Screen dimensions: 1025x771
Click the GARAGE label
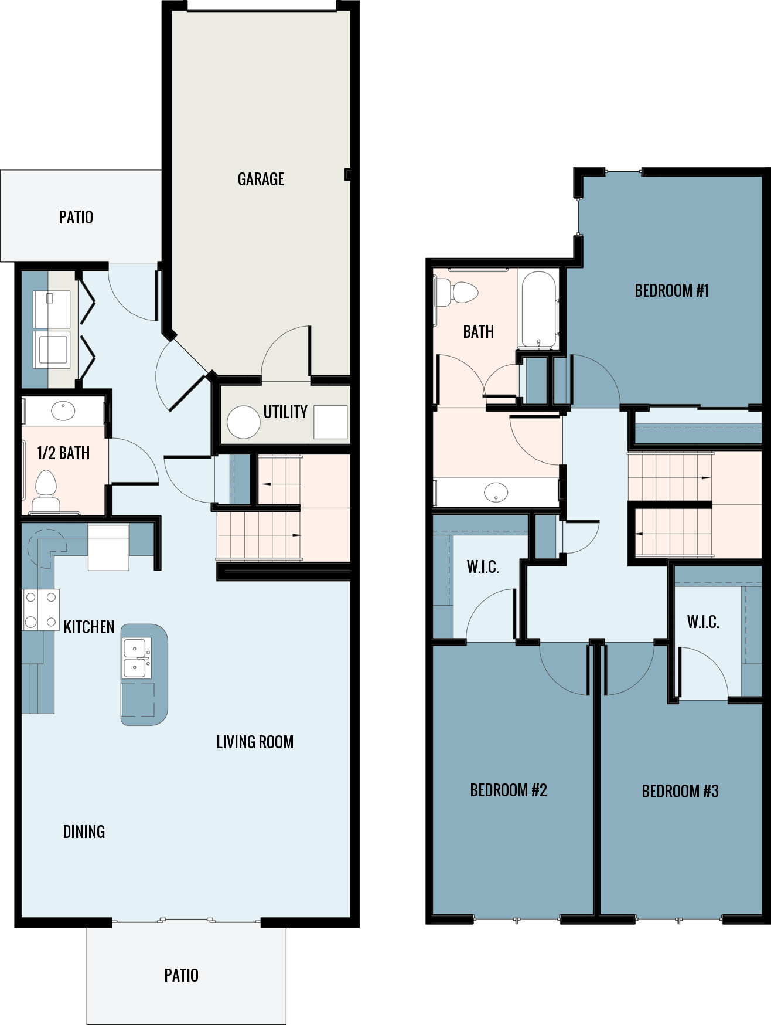(261, 179)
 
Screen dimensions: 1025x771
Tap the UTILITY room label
(285, 412)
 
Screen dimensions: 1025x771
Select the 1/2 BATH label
(63, 453)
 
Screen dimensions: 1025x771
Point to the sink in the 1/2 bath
(63, 410)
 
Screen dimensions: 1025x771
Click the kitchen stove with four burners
(40, 610)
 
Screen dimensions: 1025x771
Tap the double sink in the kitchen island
(136, 658)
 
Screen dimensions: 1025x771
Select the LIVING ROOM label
(255, 742)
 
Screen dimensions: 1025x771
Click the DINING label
(84, 832)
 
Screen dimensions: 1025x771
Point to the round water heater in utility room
(243, 422)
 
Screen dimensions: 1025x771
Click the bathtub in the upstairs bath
(538, 310)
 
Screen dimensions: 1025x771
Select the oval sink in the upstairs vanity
(496, 492)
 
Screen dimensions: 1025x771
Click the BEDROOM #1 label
(671, 291)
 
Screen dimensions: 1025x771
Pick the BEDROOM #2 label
(508, 790)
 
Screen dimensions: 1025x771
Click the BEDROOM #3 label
(680, 792)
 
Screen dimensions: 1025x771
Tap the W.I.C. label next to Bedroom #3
(702, 622)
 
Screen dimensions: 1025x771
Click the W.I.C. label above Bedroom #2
(483, 567)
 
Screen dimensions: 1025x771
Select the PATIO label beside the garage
(76, 218)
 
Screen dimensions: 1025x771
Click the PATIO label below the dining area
(181, 976)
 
